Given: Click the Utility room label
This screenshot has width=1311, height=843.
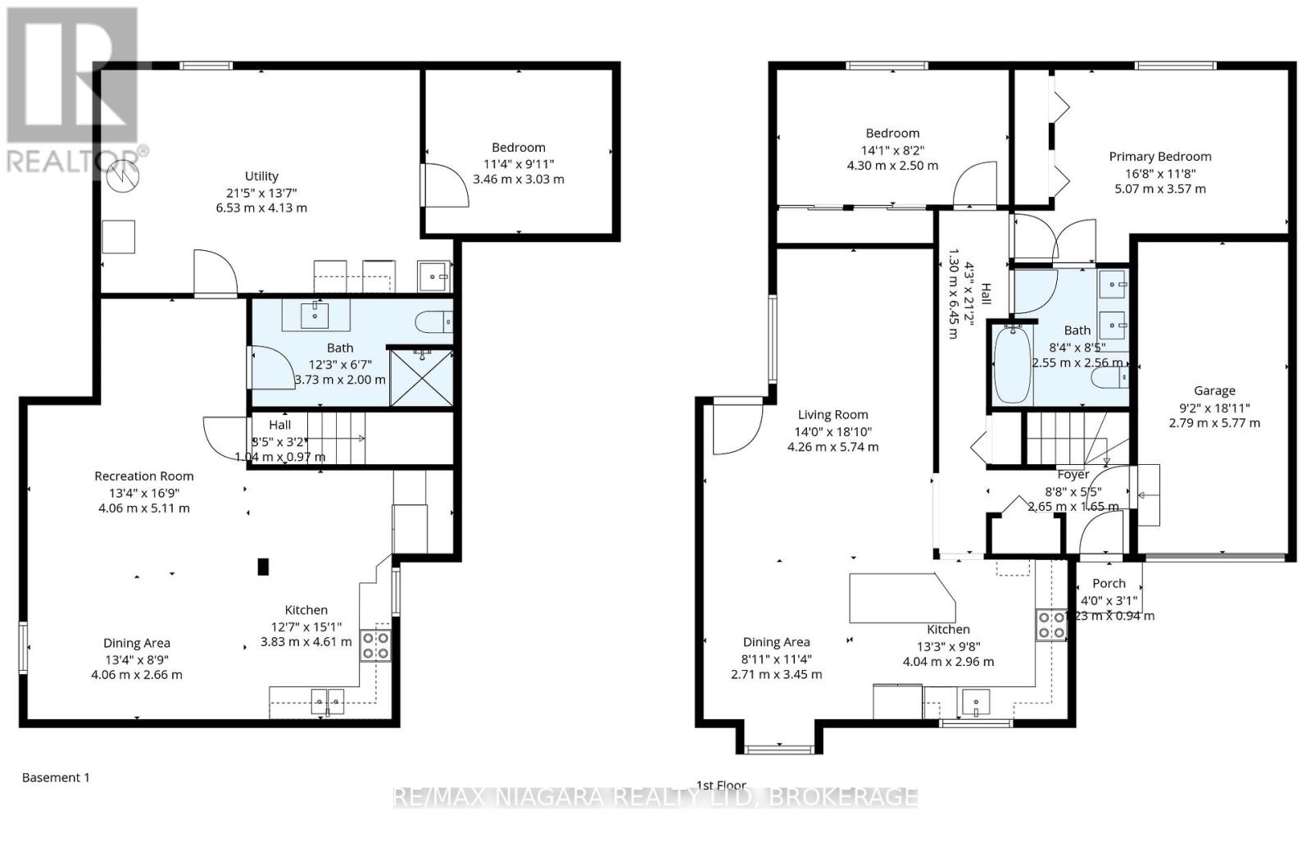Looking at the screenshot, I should coord(261,176).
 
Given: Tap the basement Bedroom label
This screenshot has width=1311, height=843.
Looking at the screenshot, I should coord(518,148).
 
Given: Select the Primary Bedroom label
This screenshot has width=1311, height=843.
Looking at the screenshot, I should coord(1159,157).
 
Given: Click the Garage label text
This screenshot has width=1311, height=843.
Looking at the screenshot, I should coord(1213,391).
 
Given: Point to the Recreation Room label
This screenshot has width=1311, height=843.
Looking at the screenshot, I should coord(144,476).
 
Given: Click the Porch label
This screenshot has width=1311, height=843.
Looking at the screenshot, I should coord(1109,583).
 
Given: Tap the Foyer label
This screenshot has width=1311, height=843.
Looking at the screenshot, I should coord(1073,475).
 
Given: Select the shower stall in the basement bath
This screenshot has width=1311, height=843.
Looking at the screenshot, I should coord(421,378).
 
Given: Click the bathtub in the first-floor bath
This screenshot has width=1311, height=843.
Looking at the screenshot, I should coord(1012,364).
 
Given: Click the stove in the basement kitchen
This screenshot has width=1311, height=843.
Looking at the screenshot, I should coord(376,645).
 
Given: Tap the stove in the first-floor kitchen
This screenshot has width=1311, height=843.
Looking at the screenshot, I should coord(1050,625).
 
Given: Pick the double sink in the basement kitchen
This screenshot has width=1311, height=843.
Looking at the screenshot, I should coord(327,702).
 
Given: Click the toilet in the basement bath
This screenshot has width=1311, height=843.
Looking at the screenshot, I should coord(433,322).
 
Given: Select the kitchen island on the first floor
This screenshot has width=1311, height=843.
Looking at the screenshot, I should coord(902,598).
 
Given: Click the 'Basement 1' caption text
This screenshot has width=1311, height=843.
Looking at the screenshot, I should coord(56,777).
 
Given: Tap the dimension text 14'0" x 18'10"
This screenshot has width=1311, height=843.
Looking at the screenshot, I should coord(832,431).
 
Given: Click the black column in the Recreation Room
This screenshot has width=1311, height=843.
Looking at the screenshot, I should coord(263,566).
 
